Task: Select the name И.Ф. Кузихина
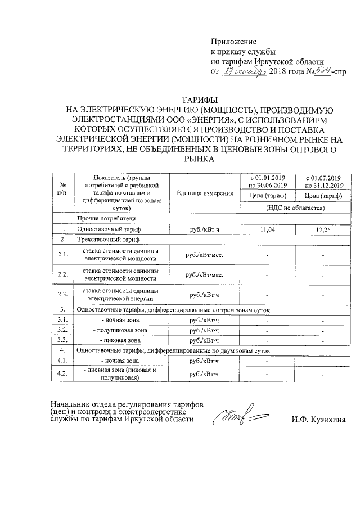pos(319,420)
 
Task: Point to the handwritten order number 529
pos(322,71)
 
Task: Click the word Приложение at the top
pos(233,42)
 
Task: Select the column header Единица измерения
pos(205,193)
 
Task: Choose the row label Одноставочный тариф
pos(109,229)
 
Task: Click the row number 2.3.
pos(63,294)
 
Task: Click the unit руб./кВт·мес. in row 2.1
pos(205,255)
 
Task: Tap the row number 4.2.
pos(63,373)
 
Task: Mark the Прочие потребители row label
pos(106,218)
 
